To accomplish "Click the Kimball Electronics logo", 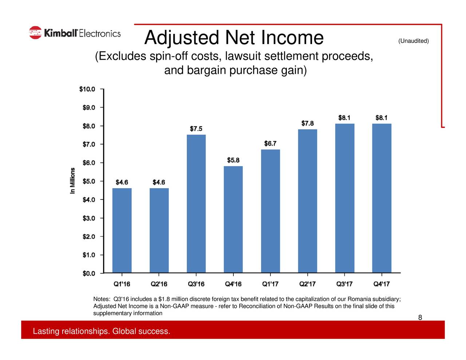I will click(75, 33).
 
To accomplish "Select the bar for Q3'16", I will click(196, 203).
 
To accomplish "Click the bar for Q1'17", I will click(270, 211).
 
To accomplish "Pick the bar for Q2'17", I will click(308, 201).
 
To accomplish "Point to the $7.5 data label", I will click(196, 129).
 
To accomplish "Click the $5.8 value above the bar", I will click(233, 160).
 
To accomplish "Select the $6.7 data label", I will click(270, 143).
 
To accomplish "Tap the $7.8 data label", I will click(308, 123).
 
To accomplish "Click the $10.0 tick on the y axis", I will click(87, 89).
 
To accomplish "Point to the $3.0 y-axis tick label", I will click(89, 218).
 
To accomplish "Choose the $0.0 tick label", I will click(89, 273).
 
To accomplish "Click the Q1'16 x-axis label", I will click(122, 284).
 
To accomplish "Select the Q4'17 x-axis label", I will click(382, 284).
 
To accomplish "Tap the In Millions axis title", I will click(73, 181).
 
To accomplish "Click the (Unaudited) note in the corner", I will click(414, 41).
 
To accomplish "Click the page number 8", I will click(420, 318).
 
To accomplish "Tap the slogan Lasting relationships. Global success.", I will click(102, 331).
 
